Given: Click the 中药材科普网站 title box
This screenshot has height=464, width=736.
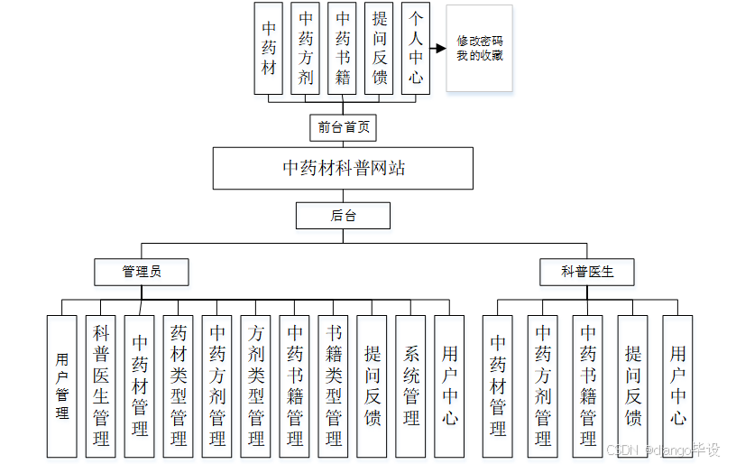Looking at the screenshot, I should click(x=343, y=168).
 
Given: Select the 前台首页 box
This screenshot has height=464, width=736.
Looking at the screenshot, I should click(x=343, y=127).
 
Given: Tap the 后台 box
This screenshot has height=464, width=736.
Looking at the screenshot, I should click(x=343, y=216).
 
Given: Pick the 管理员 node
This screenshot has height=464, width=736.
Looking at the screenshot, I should click(x=142, y=271).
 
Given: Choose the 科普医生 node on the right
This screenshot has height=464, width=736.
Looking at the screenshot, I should click(x=586, y=271).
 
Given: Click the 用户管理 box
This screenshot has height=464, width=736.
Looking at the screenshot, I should click(x=62, y=385).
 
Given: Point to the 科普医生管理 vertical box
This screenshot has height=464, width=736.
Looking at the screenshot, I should click(x=101, y=385).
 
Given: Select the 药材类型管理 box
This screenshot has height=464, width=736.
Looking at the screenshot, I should click(x=179, y=385).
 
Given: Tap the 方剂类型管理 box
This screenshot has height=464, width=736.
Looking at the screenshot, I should click(x=256, y=385).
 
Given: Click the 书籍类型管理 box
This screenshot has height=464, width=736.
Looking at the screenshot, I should click(x=334, y=385).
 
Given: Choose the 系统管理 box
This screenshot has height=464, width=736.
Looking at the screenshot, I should click(x=411, y=385).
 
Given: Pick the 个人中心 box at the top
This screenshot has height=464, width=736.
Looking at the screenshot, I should click(x=415, y=49).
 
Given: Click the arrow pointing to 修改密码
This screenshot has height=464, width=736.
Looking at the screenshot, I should click(x=438, y=49).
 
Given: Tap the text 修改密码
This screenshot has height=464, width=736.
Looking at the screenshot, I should click(x=479, y=42).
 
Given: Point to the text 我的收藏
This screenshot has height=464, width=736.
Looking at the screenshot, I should click(x=479, y=56).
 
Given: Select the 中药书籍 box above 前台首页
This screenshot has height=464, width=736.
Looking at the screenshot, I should click(x=343, y=49).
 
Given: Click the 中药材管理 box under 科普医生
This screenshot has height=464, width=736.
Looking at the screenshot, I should click(x=498, y=385).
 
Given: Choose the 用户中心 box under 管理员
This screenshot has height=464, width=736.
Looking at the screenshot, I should click(x=450, y=385).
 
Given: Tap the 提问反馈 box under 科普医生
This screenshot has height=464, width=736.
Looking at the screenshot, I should click(x=633, y=385).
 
